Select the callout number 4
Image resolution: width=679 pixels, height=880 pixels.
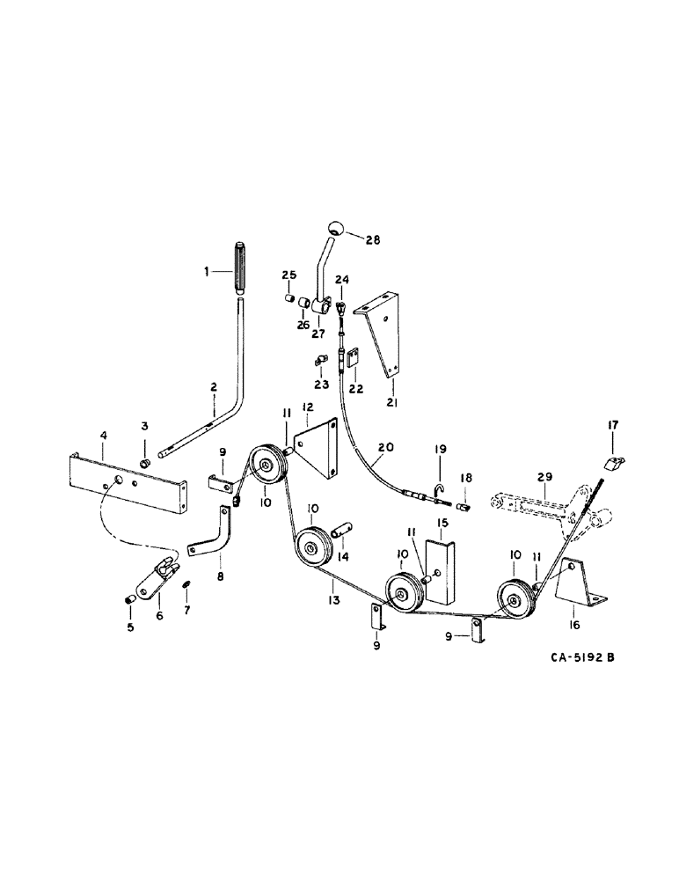pos(103,436)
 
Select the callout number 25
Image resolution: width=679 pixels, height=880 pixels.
pos(288,276)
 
